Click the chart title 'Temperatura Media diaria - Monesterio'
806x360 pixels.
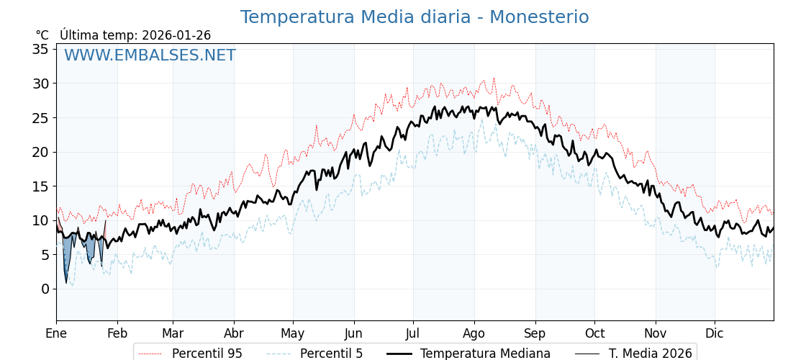[x=414, y=17]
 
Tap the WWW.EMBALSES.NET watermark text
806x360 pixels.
[x=150, y=55]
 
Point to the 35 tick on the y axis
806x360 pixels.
[x=40, y=49]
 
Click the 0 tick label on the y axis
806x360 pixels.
[x=45, y=289]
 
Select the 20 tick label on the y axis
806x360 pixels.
[x=40, y=152]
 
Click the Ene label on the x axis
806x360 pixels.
[x=56, y=333]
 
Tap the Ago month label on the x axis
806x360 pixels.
[x=474, y=333]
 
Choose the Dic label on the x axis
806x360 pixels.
[x=715, y=333]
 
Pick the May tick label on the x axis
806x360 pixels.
[x=293, y=333]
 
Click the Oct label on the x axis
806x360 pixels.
[x=594, y=333]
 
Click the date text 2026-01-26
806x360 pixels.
[x=176, y=35]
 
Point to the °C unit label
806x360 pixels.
[x=42, y=35]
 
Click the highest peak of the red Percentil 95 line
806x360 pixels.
[x=494, y=78]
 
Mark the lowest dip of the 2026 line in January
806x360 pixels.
[x=66, y=282]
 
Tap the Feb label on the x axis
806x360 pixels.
[x=117, y=333]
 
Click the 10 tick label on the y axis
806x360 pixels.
[x=40, y=220]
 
